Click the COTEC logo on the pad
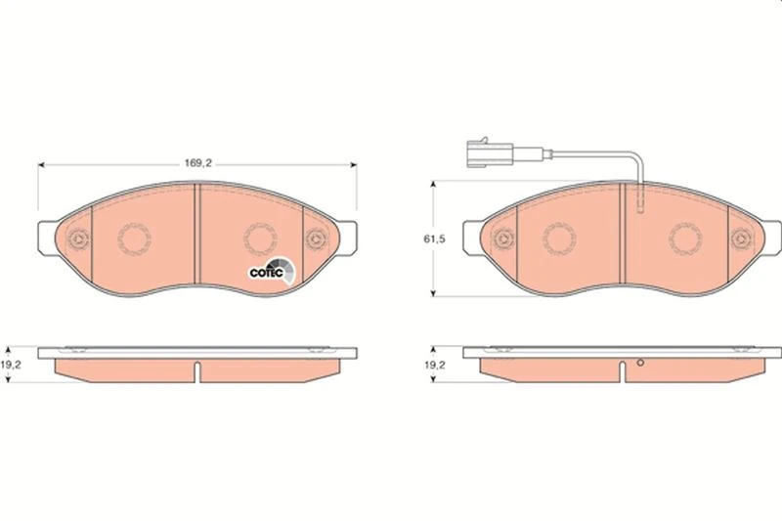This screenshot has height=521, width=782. click(x=267, y=271)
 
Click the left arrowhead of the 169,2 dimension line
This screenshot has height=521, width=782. click(x=41, y=166)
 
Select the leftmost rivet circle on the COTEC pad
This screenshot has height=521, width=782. click(x=76, y=238)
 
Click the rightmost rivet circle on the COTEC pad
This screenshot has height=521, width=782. click(x=316, y=238)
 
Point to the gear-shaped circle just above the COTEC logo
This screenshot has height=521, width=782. click(x=259, y=238)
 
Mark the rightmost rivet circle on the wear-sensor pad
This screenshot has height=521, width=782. click(x=743, y=238)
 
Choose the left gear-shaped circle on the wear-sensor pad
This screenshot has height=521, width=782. click(x=559, y=238)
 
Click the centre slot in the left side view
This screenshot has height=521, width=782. click(x=196, y=372)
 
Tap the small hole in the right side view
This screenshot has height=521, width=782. click(x=640, y=366)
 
